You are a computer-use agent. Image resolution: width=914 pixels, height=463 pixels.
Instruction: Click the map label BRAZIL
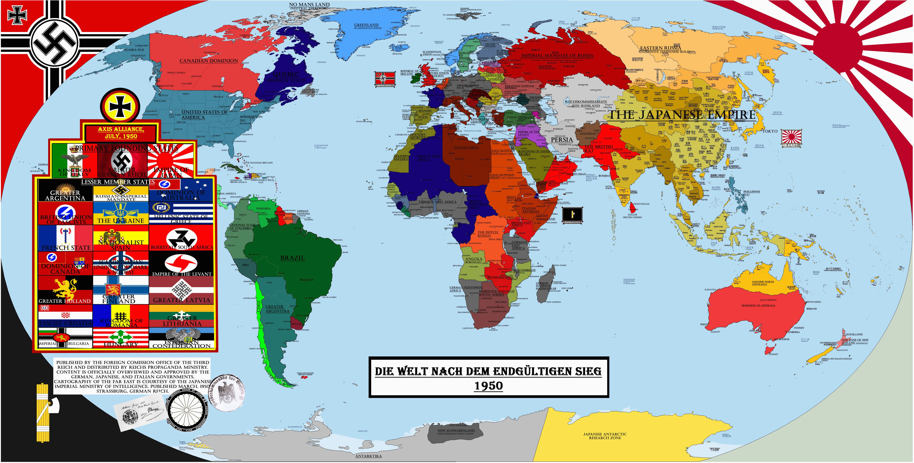click(x=292, y=258)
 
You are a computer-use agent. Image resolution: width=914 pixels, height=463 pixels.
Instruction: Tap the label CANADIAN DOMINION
click(x=209, y=61)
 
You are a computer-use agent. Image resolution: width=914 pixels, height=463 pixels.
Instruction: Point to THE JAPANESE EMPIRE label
click(x=682, y=115)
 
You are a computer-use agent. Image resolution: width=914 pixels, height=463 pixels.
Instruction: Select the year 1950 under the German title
click(x=489, y=386)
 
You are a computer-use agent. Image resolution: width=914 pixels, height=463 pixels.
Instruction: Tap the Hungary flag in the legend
click(x=121, y=338)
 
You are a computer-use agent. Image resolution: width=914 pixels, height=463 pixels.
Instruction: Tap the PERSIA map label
click(x=562, y=140)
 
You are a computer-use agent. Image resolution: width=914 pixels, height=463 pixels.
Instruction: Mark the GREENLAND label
click(x=366, y=25)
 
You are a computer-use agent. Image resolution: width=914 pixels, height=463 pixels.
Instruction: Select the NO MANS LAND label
click(x=309, y=5)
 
